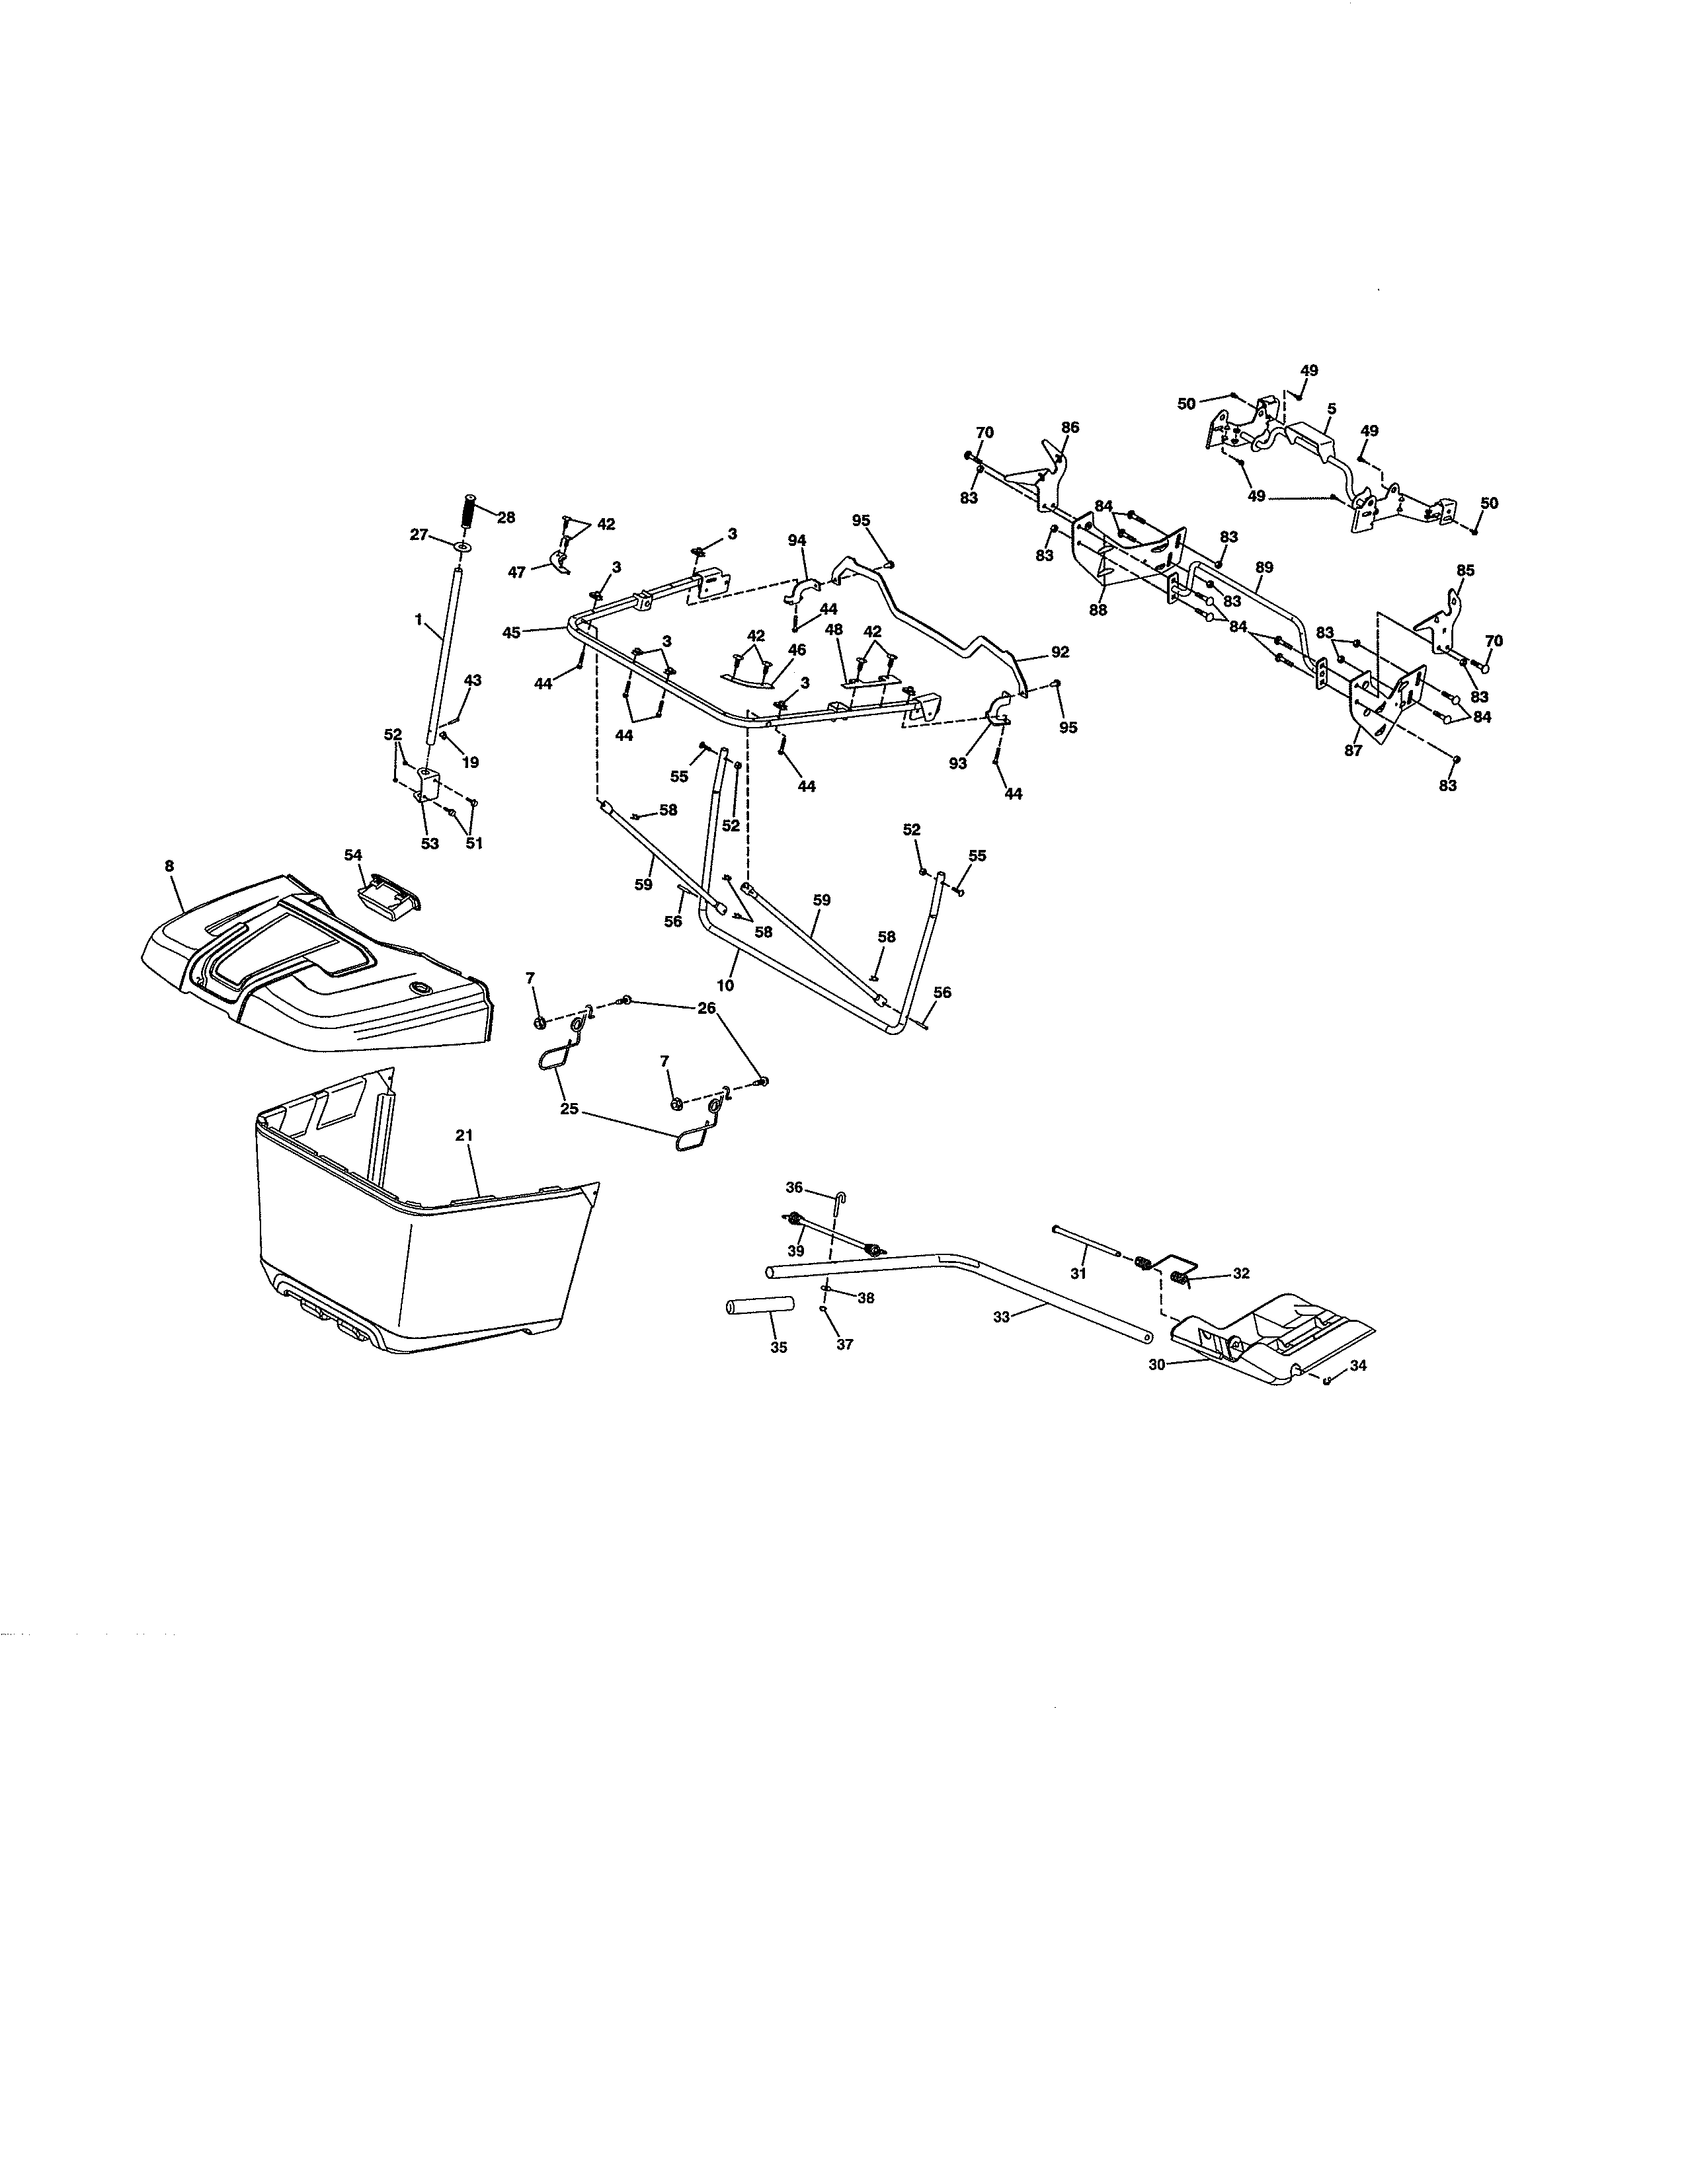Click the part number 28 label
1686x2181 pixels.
point(506,517)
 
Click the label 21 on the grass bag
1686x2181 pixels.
point(463,1135)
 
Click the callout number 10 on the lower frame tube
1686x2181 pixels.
point(725,985)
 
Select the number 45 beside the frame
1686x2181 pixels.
point(511,632)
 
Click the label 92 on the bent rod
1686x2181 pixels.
point(1060,652)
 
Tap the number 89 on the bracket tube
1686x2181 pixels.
point(1264,567)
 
